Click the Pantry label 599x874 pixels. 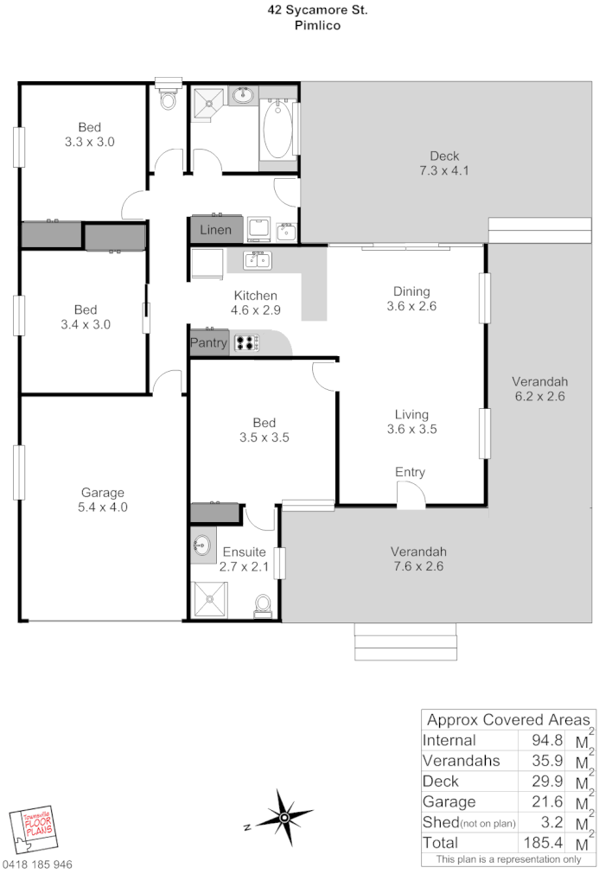(x=208, y=342)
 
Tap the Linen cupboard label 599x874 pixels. (x=215, y=230)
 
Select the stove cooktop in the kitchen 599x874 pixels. (x=246, y=342)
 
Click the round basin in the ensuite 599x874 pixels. (x=202, y=545)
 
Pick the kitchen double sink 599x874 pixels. (x=257, y=259)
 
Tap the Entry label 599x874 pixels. (x=410, y=472)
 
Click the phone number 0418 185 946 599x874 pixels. (x=37, y=864)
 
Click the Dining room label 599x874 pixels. (x=411, y=290)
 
